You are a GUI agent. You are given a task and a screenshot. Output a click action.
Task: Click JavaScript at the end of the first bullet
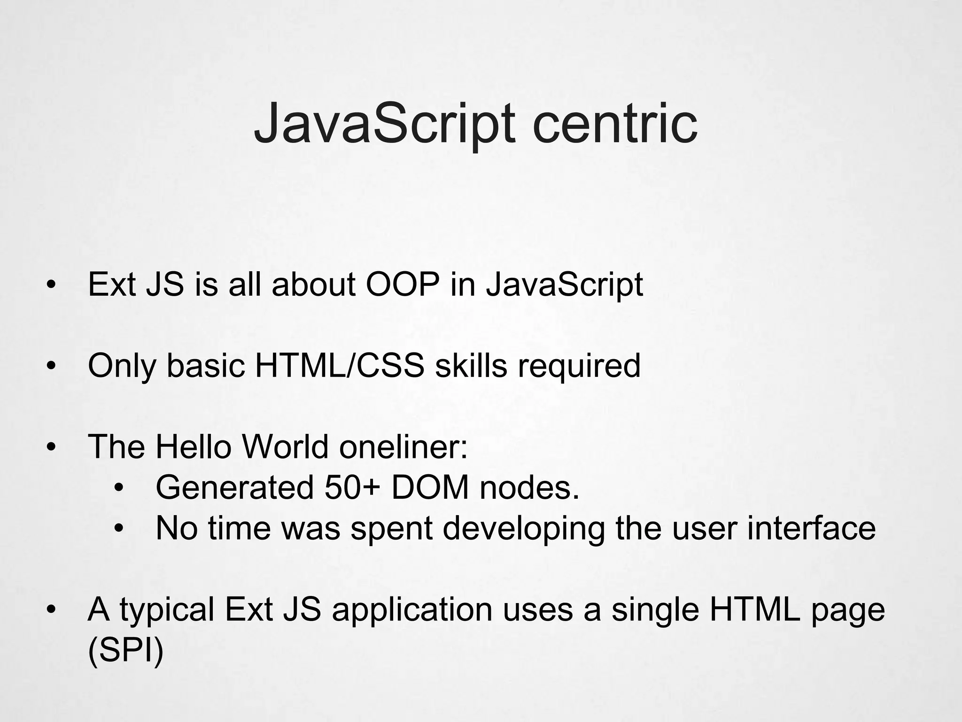(x=564, y=285)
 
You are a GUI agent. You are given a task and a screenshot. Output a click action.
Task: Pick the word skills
(x=471, y=366)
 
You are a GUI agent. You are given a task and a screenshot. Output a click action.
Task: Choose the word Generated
(x=234, y=487)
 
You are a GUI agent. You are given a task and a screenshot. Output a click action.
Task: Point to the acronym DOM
(x=430, y=487)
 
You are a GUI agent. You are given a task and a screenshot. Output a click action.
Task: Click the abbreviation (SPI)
(x=125, y=650)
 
